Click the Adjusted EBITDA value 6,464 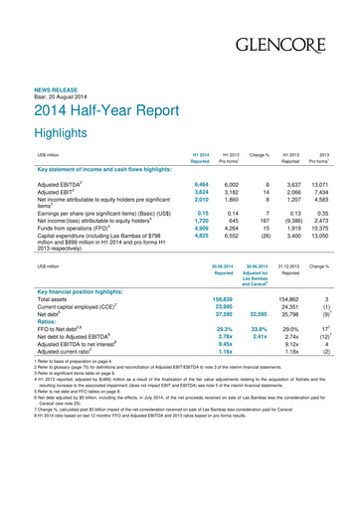point(196,185)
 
